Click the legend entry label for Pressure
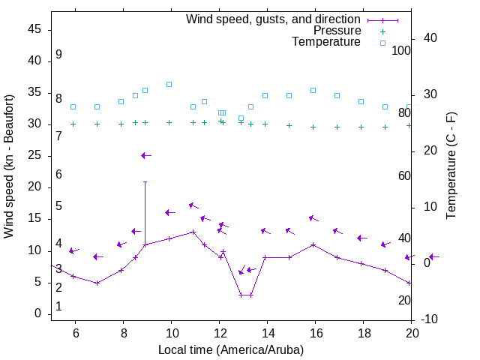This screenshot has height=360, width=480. (337, 31)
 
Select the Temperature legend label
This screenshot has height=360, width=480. (326, 42)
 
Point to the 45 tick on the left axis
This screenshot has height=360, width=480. (35, 29)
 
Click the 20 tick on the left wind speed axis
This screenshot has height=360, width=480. (35, 187)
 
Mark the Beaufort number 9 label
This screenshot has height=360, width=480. (58, 55)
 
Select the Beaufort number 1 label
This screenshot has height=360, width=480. (58, 307)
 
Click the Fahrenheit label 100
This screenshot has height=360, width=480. (401, 51)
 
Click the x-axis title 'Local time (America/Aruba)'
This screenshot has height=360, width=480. (231, 349)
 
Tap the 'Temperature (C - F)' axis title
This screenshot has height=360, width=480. (451, 166)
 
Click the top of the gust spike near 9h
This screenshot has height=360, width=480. (145, 181)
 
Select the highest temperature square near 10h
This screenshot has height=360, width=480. (169, 84)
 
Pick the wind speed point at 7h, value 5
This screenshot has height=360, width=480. (97, 283)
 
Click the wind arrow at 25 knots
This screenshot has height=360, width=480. (145, 155)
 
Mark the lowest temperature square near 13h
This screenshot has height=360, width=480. (241, 118)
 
